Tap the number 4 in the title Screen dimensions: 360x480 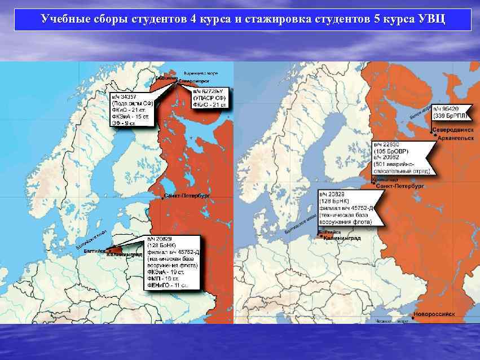[x=193, y=19]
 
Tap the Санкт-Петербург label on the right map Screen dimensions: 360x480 [x=400, y=185]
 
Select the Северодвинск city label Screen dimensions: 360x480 [x=455, y=130]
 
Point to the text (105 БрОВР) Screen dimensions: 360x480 [x=390, y=151]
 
